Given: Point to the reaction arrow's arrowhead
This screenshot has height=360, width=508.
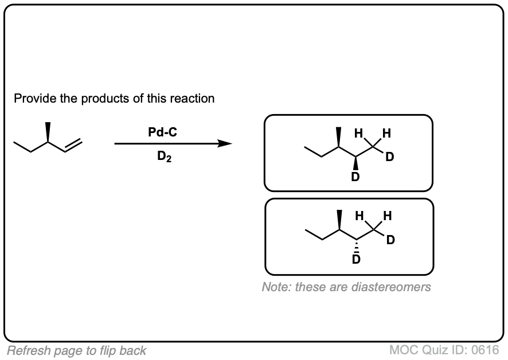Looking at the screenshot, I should [226, 144].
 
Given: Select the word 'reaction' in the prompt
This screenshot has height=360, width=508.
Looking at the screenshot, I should [193, 99].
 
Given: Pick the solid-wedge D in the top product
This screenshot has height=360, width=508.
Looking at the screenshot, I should [355, 177].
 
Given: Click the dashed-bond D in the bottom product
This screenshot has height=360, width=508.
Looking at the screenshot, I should [356, 260].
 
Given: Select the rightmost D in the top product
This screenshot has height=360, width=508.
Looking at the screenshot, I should [390, 157].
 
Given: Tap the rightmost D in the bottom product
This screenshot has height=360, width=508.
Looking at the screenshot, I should [390, 240].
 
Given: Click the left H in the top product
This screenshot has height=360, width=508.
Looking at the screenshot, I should [358, 134].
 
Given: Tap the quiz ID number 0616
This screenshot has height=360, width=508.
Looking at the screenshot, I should [486, 349].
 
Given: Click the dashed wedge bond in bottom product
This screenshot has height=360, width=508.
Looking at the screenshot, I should [356, 246].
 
